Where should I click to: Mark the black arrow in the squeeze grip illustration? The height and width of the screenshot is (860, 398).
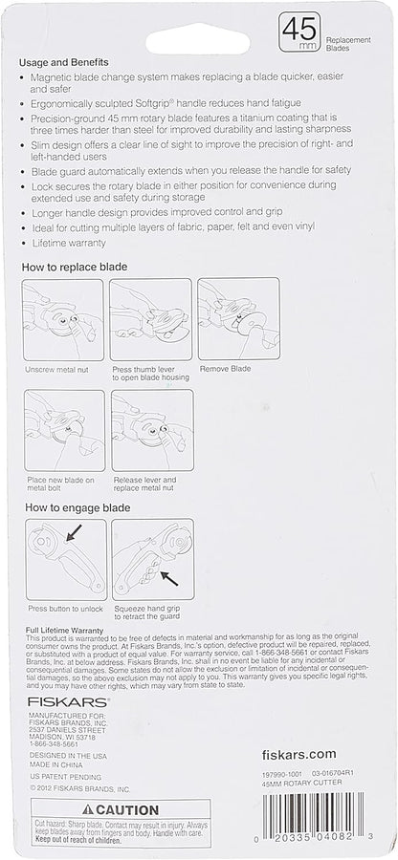[x=169, y=576]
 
